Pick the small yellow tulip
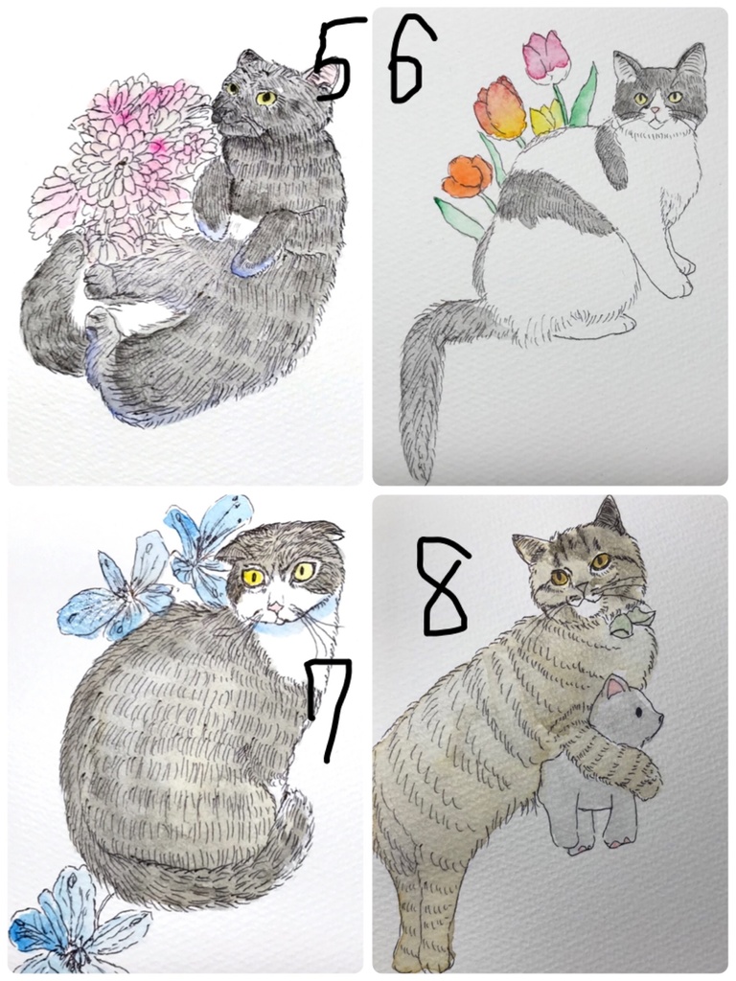pyautogui.click(x=547, y=118)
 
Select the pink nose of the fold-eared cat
pyautogui.click(x=275, y=606)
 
